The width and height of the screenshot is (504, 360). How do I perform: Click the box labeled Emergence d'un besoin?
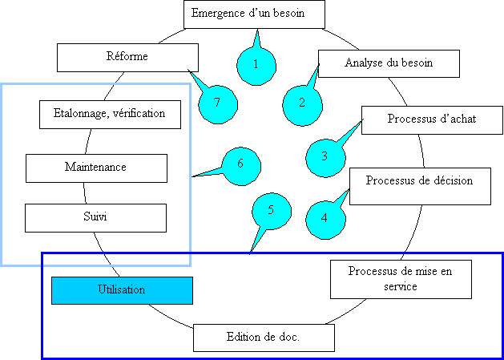255,14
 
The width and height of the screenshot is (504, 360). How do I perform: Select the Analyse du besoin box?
389,63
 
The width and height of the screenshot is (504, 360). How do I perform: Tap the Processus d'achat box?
432,119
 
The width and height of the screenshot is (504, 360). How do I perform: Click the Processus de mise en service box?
401,279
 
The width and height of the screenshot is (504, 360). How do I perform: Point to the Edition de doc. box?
263,338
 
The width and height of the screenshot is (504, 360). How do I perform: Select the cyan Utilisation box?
122,290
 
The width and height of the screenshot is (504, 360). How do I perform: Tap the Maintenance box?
95,168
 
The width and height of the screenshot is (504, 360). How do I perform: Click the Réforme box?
127,57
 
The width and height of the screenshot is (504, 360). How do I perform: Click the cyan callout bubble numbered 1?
255,63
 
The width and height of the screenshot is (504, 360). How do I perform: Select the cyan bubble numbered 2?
302,103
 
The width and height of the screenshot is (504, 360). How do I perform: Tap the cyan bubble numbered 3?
325,156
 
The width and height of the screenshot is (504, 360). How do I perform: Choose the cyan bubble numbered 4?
325,217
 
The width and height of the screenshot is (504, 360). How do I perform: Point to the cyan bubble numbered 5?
271,210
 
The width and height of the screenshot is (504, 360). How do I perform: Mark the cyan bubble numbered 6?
239,164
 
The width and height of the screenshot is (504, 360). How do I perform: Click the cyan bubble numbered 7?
216,103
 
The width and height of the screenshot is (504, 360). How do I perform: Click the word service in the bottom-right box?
401,287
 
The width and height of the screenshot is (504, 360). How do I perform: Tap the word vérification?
141,114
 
